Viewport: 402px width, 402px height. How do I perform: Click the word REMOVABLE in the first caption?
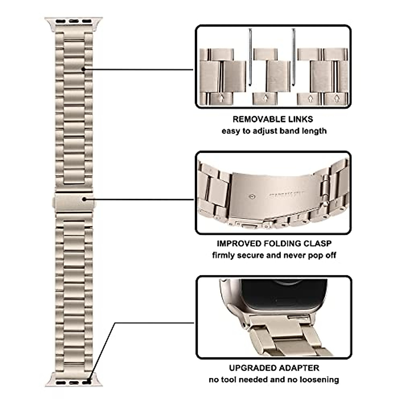(x=256, y=119)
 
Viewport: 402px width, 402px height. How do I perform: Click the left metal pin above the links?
(x=250, y=57)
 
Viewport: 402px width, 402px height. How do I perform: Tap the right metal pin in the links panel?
(x=294, y=57)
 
